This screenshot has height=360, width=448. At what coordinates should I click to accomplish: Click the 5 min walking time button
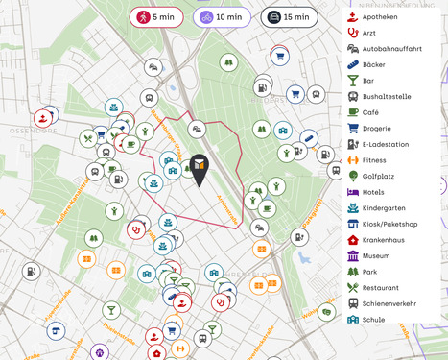pyautogui.click(x=157, y=17)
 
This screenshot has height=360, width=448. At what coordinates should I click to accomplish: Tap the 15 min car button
pyautogui.click(x=289, y=17)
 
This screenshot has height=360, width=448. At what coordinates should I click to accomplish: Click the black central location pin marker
pyautogui.click(x=199, y=169)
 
